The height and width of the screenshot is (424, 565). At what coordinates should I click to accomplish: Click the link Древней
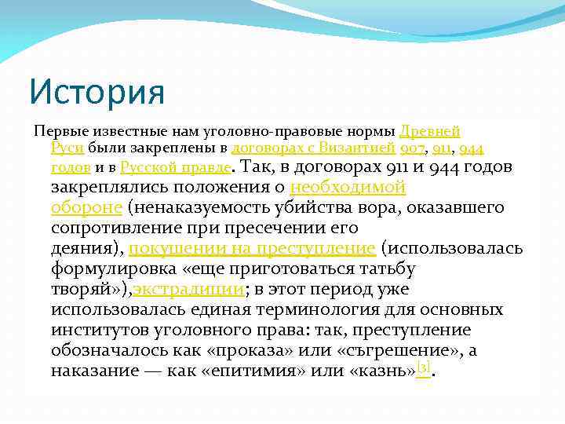pos(429,130)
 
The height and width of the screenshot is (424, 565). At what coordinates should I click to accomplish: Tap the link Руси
pos(63,148)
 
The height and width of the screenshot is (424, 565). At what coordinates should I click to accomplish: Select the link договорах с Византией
pos(313,148)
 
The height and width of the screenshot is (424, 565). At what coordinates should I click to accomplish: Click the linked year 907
pos(412,148)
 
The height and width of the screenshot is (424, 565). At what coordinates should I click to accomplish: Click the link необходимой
pos(348,187)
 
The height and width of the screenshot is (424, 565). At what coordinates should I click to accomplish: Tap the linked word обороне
pos(86,207)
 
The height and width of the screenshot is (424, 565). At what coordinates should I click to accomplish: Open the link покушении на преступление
pos(252,248)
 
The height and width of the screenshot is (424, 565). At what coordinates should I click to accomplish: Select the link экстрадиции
pos(188,289)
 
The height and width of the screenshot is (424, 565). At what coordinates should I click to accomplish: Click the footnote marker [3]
pos(424,367)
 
